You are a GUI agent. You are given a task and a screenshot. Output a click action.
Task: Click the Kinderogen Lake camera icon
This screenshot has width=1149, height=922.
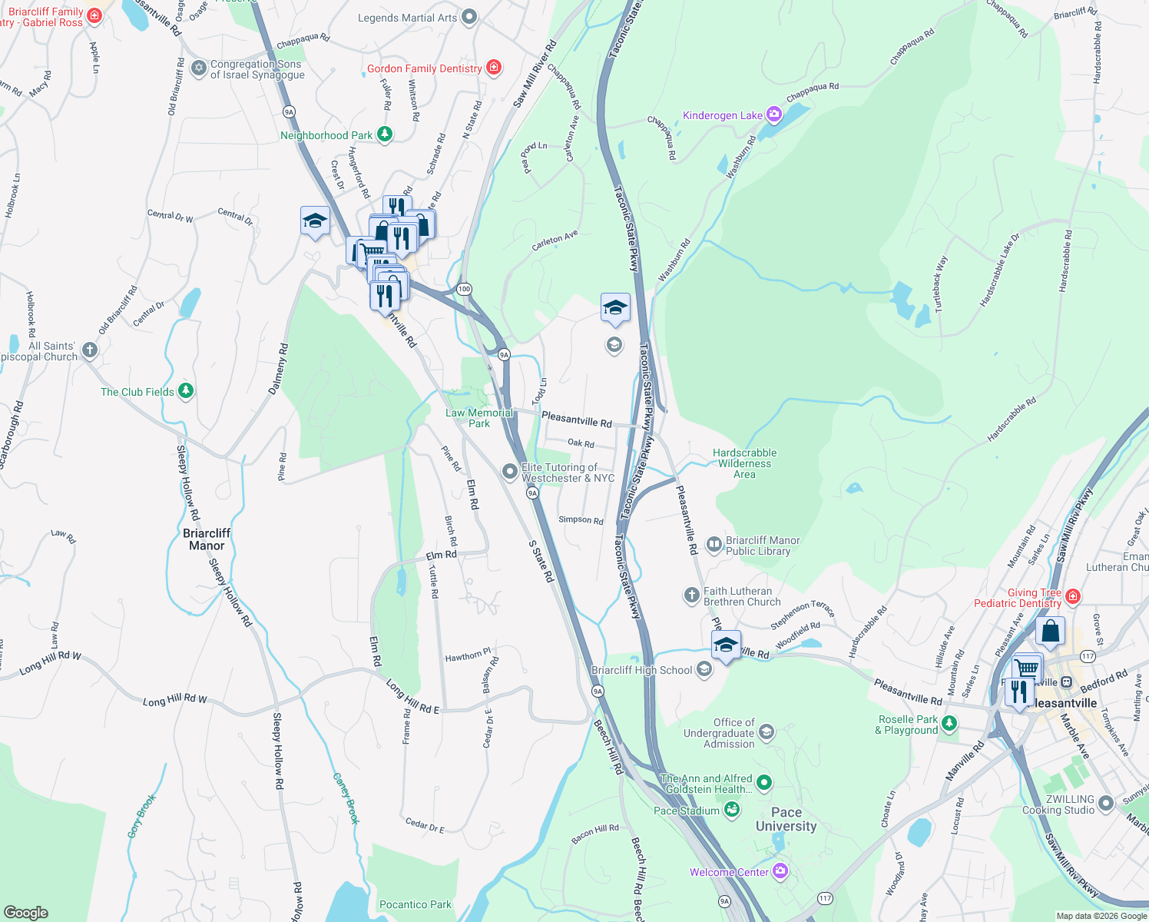click(773, 115)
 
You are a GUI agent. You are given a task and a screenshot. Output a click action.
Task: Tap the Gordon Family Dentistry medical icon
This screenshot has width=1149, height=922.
click(494, 68)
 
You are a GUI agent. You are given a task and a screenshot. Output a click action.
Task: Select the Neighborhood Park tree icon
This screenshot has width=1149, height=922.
click(385, 135)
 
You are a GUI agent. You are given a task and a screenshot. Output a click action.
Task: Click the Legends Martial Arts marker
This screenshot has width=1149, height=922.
click(470, 17)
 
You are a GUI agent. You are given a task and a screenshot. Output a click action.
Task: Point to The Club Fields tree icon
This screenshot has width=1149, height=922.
click(185, 391)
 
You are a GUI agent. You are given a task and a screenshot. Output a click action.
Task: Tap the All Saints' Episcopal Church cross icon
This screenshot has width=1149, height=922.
click(90, 351)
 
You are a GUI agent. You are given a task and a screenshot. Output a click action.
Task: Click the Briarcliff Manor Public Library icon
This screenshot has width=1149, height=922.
click(714, 546)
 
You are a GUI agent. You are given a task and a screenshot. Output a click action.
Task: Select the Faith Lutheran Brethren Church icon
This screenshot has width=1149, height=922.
click(691, 595)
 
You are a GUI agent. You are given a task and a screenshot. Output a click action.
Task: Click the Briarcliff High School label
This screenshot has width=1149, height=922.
click(641, 670)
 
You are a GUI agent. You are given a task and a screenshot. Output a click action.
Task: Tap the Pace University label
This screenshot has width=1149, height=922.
click(786, 819)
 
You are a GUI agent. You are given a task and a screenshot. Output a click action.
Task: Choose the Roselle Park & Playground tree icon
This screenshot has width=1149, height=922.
click(949, 724)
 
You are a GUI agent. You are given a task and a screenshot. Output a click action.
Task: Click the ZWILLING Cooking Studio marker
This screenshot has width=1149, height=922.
click(1105, 804)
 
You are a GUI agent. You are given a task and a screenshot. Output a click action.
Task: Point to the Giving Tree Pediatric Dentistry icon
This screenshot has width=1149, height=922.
click(1073, 597)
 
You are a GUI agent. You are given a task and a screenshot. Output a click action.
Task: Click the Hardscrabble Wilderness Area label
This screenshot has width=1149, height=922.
click(743, 463)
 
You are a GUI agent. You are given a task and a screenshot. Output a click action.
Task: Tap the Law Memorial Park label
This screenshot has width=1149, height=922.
click(478, 418)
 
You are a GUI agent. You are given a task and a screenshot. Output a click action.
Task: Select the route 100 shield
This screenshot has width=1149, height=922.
click(463, 289)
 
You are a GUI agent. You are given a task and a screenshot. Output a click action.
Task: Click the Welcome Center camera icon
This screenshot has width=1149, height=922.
click(780, 871)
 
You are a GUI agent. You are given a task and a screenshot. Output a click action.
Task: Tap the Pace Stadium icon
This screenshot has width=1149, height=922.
click(731, 810)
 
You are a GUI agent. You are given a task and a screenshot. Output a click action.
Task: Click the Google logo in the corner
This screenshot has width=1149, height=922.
click(26, 912)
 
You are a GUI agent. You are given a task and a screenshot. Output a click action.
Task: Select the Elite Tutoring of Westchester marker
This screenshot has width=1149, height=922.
click(509, 472)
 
